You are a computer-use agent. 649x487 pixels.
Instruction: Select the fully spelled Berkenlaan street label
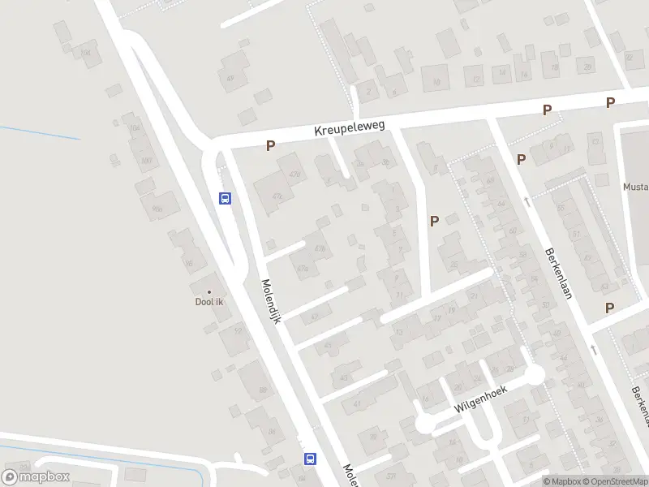coord(559,273)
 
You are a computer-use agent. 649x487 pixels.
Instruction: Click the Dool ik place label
coord(209,303)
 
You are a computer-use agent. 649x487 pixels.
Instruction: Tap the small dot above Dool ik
coord(209,292)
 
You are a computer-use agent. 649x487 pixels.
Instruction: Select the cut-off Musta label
coord(635,186)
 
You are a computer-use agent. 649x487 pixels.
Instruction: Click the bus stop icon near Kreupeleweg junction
coord(226,198)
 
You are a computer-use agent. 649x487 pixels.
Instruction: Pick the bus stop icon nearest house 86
coord(310,459)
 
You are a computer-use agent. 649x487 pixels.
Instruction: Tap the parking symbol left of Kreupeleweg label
coord(271,146)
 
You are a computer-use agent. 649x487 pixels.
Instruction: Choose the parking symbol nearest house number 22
coord(434,220)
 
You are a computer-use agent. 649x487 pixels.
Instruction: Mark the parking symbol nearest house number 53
coord(608,308)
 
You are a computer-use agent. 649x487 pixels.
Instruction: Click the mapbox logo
coord(36,477)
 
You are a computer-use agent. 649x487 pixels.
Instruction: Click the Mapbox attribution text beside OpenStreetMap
coord(561,481)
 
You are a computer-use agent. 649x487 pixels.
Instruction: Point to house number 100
coord(146,160)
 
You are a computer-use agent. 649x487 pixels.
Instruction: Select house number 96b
coord(157,209)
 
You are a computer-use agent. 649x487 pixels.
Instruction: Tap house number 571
coord(391,476)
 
